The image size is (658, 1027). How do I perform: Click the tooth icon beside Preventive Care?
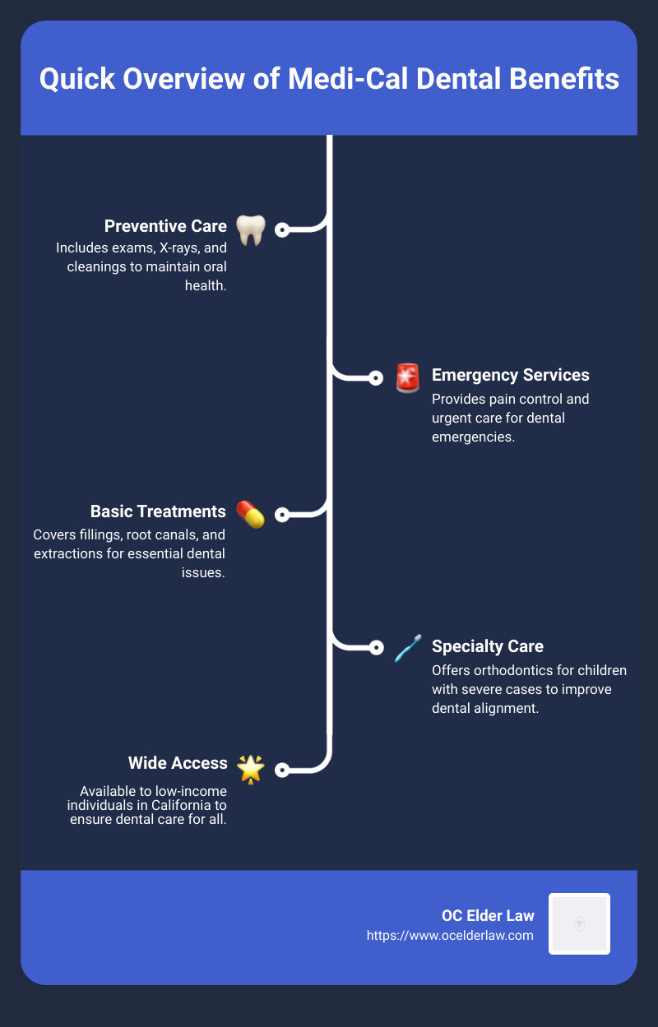[250, 230]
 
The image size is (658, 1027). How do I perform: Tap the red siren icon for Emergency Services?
[407, 377]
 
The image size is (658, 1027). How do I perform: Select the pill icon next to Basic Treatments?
[250, 514]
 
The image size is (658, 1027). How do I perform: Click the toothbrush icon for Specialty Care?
[407, 648]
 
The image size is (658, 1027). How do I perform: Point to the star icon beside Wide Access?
[250, 768]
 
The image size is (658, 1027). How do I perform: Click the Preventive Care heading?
[165, 226]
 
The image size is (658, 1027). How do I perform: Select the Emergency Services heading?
[510, 375]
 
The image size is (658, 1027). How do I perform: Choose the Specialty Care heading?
[487, 645]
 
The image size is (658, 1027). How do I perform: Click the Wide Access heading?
[178, 763]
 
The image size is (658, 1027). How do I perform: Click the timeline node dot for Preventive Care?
[282, 230]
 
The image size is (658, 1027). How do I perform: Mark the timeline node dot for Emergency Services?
[376, 378]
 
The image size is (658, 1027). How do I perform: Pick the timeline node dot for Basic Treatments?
[282, 515]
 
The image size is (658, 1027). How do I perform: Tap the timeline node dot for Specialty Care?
[376, 647]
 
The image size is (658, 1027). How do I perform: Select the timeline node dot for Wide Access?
[282, 770]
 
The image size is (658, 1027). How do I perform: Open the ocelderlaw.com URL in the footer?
[450, 936]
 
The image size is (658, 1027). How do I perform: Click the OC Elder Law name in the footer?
[487, 916]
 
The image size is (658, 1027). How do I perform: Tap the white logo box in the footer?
[579, 923]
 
